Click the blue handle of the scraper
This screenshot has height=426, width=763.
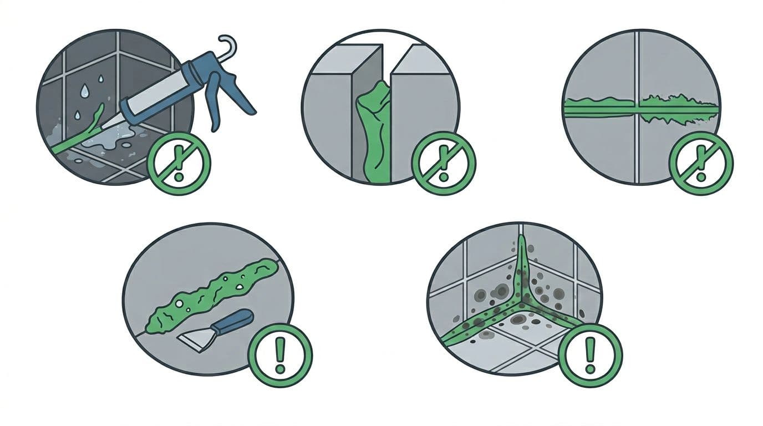tap(236, 322)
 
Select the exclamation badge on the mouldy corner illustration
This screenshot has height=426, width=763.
tap(590, 354)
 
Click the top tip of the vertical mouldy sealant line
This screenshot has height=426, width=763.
tap(521, 239)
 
